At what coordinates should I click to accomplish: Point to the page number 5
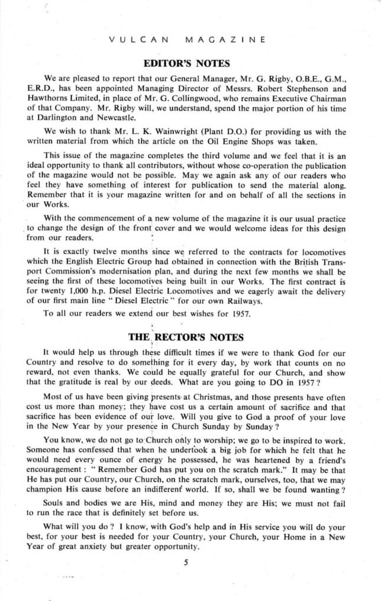(185, 563)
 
